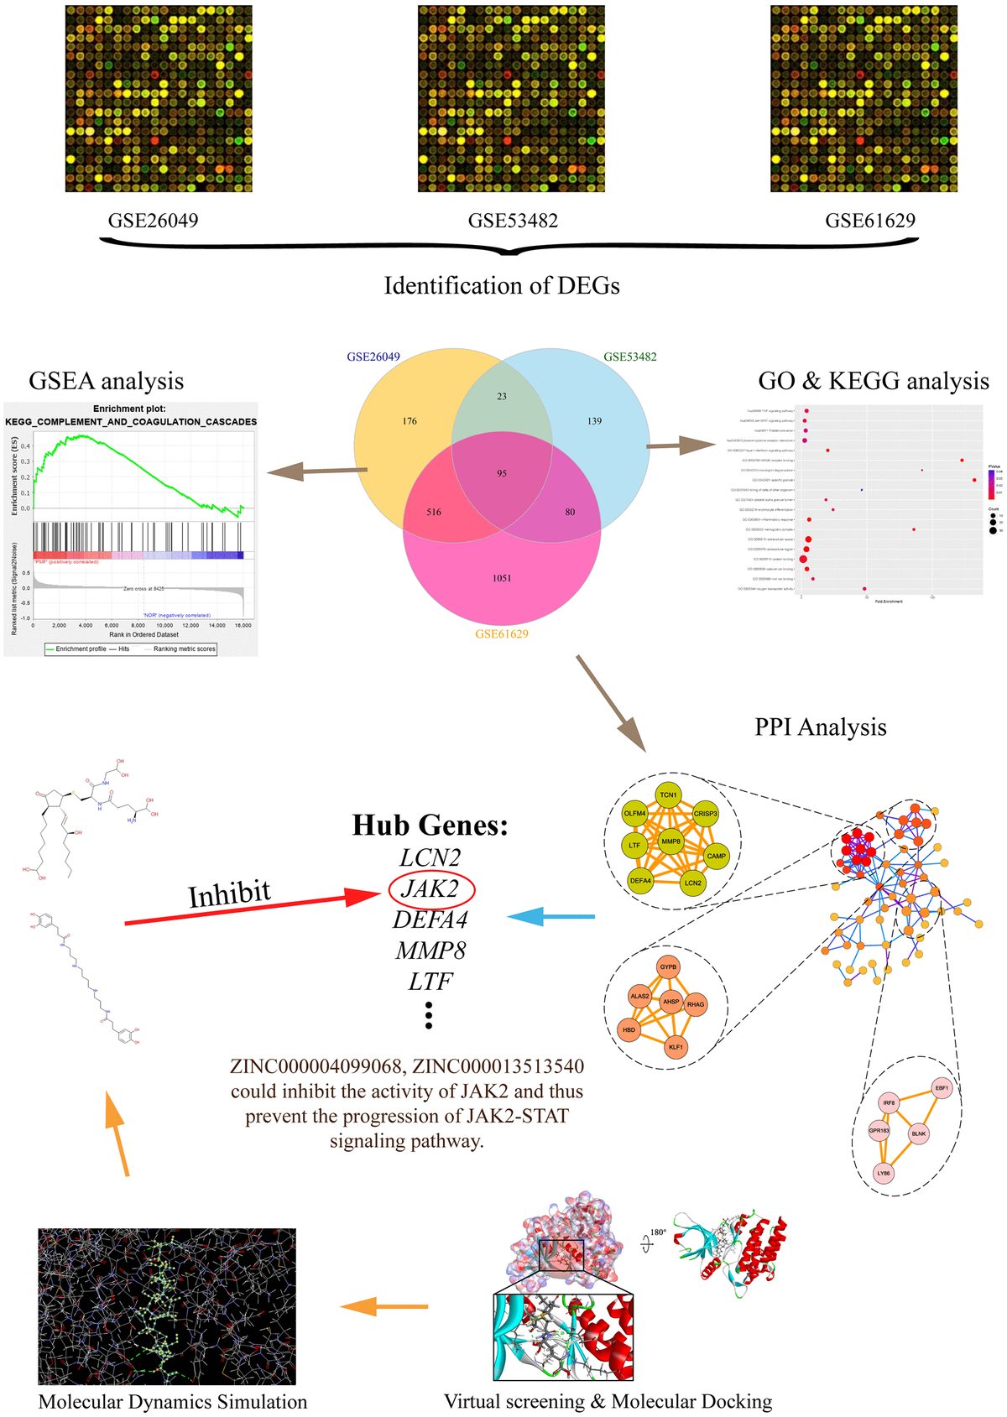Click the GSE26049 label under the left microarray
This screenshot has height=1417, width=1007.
[x=153, y=221]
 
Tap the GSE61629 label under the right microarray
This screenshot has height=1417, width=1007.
[x=869, y=221]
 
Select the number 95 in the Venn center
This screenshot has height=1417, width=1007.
[x=502, y=473]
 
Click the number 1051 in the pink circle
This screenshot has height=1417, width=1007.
[x=502, y=578]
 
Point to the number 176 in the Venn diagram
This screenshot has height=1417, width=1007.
[x=410, y=421]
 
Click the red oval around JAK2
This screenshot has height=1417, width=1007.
[x=431, y=888]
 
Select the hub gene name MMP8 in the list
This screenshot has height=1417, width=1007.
[x=430, y=951]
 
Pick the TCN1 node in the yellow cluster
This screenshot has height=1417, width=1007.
[x=668, y=794]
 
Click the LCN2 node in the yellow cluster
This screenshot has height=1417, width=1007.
[x=692, y=883]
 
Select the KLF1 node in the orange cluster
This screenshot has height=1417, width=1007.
[x=676, y=1047]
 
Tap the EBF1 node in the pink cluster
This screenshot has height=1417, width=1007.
[x=942, y=1088]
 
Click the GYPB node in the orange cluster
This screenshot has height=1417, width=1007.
[x=668, y=967]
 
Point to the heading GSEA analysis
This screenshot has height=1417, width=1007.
[x=106, y=381]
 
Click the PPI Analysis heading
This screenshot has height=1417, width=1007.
[x=820, y=727]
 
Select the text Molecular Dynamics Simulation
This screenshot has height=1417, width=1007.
[x=173, y=1402]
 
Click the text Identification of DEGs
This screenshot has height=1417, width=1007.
[x=502, y=286]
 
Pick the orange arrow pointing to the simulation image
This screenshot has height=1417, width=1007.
[x=384, y=1306]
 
